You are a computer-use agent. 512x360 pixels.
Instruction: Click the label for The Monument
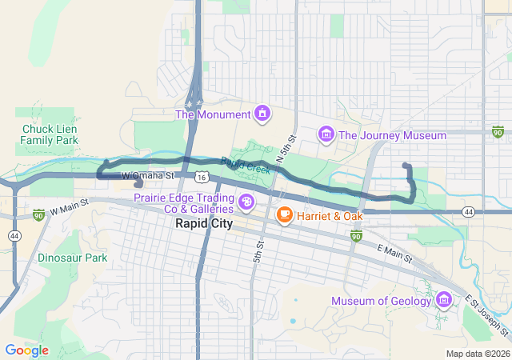pos(213,114)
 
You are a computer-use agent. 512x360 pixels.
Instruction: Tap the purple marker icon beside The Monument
pos(261,114)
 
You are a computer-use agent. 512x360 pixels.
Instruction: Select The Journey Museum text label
pos(392,135)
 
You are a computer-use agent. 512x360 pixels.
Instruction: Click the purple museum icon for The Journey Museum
pos(326,134)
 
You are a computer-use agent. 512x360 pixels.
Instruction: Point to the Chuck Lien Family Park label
pos(50,134)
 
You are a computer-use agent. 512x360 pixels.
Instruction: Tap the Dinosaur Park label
pos(72,258)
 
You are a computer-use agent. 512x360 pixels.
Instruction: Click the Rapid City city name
pos(204,224)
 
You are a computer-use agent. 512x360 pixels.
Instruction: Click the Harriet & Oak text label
pos(330,216)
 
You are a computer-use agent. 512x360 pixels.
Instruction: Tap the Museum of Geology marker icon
pos(444,301)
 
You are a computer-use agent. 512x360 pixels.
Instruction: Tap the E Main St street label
pos(394,254)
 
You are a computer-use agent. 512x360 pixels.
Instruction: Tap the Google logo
pos(26,350)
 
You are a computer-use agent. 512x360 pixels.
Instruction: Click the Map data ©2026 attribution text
pos(477,354)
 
